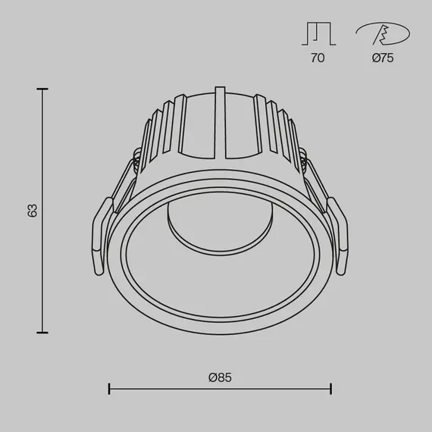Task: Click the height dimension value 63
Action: click(32, 210)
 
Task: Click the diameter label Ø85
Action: click(221, 377)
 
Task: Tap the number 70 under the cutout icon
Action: click(316, 58)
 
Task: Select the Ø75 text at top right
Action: click(383, 58)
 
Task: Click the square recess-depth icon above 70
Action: click(316, 34)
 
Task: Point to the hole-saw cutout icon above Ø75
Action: click(383, 34)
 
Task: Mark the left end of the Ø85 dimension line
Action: click(110, 389)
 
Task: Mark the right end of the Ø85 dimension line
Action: click(330, 389)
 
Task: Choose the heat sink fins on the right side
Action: click(280, 136)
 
